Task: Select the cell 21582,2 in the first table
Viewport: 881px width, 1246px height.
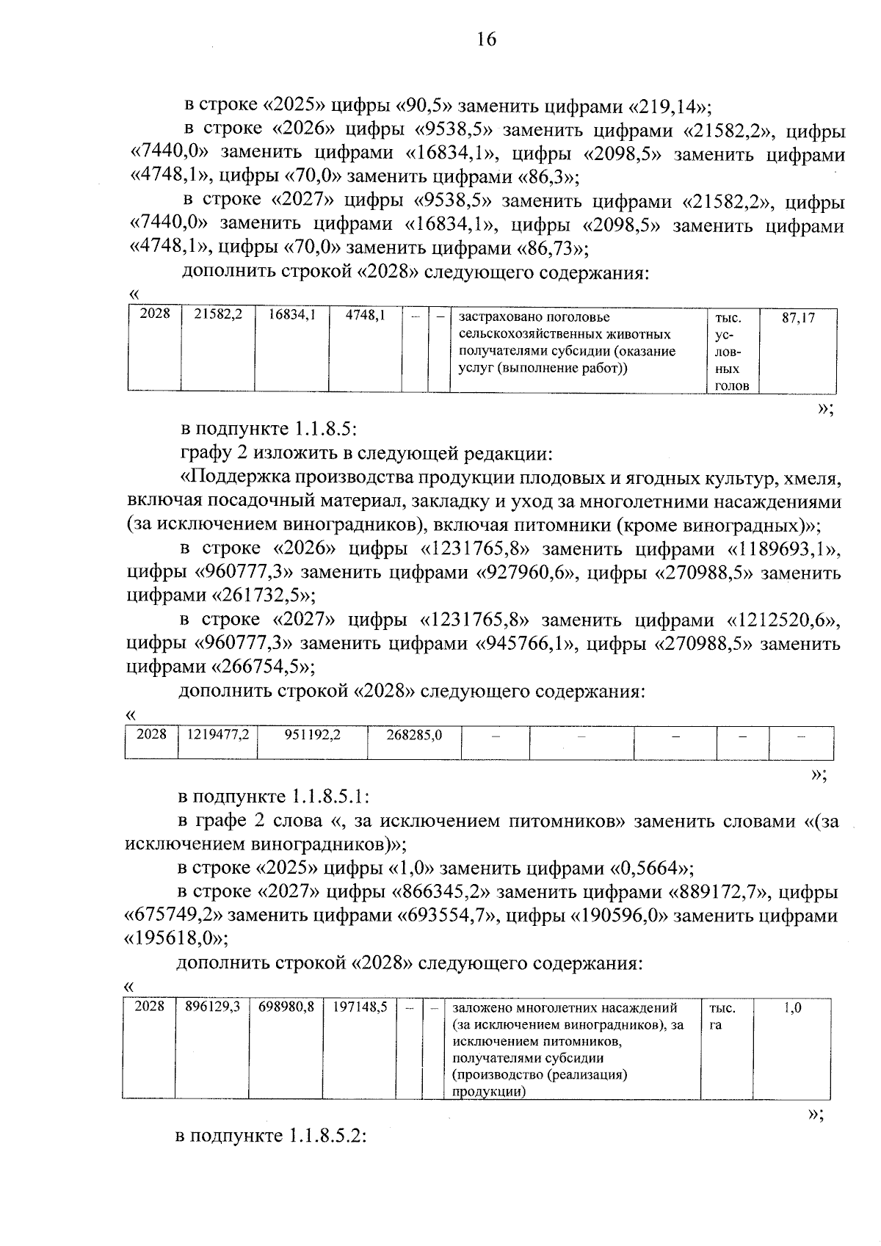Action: (x=218, y=316)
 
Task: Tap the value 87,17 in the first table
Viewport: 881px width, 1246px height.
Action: (x=798, y=319)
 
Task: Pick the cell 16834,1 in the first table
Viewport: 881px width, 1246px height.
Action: (x=291, y=316)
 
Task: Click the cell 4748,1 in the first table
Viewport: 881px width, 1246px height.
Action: (x=365, y=316)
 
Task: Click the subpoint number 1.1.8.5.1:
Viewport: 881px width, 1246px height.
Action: (x=328, y=797)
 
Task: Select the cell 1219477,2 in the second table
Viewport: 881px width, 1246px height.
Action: (x=218, y=734)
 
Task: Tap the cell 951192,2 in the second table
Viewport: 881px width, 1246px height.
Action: (x=312, y=734)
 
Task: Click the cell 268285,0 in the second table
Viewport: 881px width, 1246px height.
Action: (x=414, y=734)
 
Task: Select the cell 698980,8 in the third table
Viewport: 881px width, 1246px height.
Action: (x=286, y=1008)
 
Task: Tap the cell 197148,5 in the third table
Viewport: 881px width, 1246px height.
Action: (x=360, y=1008)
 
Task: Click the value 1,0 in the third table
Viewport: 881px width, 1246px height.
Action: (x=792, y=1009)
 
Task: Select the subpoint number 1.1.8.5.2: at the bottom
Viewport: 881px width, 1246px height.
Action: (x=327, y=1137)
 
